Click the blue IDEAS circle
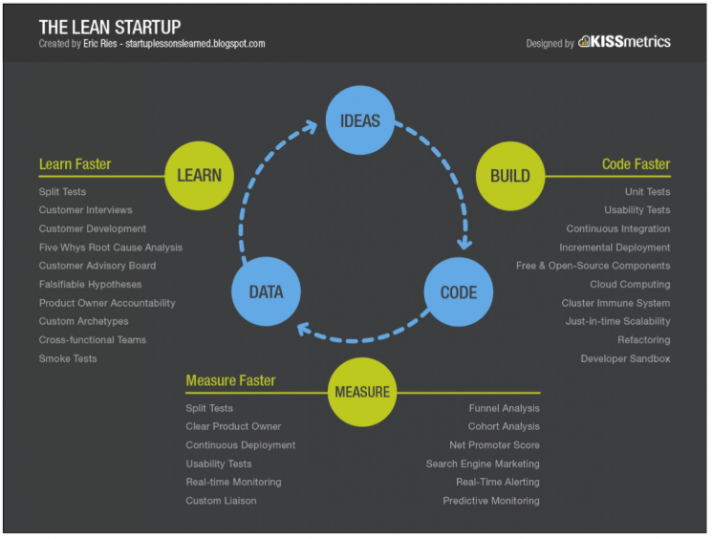[360, 120]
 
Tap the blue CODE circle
[458, 292]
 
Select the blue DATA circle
[265, 292]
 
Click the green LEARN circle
[199, 176]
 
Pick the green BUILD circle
[509, 176]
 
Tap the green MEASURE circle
[361, 392]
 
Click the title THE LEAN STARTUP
[109, 26]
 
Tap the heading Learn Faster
[75, 164]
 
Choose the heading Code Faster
[636, 164]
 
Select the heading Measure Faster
[230, 380]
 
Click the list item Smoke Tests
[68, 358]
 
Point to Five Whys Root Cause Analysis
[110, 248]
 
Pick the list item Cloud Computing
[630, 285]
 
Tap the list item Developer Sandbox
[625, 358]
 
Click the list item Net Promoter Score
[494, 445]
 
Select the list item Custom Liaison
[221, 501]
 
